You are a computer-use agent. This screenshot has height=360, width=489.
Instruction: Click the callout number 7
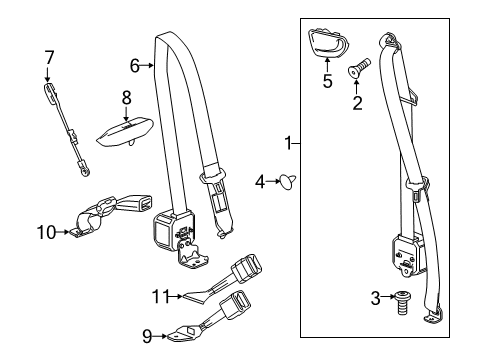tap(49, 58)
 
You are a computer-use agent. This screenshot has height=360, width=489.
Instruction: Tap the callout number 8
tap(127, 98)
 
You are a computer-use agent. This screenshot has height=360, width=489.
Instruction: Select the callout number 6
tap(134, 66)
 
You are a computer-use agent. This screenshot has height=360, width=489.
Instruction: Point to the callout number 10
tap(47, 232)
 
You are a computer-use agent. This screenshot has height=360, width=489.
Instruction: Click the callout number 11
tap(161, 296)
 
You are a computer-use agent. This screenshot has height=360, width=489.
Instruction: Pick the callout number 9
tap(147, 336)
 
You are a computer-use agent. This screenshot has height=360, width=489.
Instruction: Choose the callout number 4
tap(260, 182)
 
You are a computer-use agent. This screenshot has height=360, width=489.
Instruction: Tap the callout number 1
tap(288, 143)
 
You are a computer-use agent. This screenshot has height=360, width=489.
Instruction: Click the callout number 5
tap(327, 81)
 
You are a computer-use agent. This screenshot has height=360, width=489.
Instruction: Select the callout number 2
tap(357, 103)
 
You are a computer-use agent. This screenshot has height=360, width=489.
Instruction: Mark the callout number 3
tap(375, 298)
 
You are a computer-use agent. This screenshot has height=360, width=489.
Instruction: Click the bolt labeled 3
tap(403, 303)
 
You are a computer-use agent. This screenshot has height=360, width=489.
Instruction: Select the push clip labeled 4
tap(287, 181)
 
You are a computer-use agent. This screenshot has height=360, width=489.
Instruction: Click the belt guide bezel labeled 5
tap(328, 43)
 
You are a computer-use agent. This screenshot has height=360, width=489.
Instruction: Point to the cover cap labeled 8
tap(125, 132)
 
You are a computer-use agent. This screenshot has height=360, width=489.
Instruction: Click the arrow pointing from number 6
tap(146, 66)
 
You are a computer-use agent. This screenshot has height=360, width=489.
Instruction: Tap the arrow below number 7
tap(47, 74)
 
